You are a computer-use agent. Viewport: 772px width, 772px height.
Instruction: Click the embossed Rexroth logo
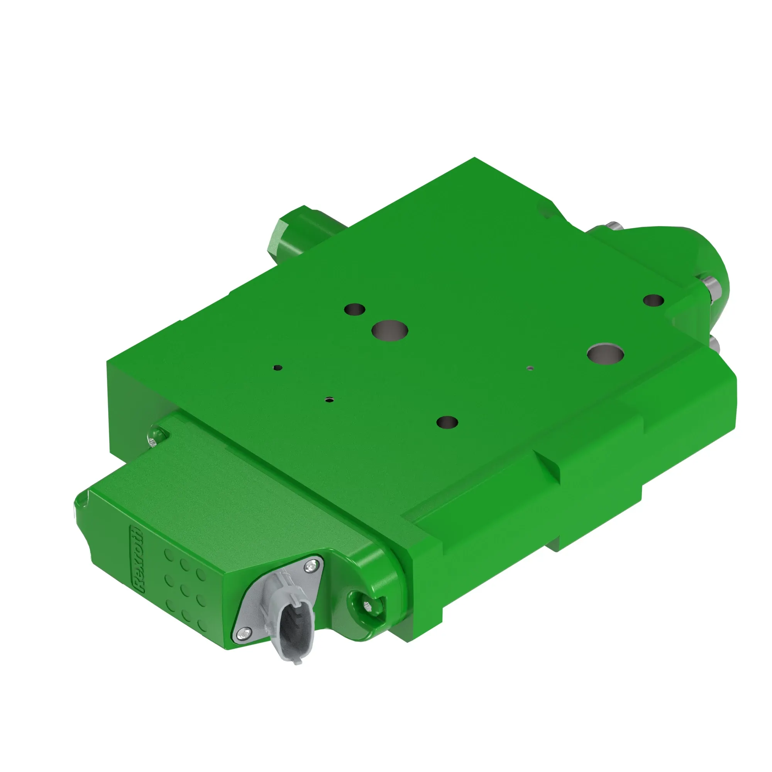click(138, 559)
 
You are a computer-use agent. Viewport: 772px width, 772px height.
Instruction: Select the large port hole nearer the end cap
click(606, 353)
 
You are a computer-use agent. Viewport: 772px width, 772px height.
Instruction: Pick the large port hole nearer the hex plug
click(389, 330)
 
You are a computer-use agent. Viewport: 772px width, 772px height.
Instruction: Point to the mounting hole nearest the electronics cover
click(447, 422)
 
